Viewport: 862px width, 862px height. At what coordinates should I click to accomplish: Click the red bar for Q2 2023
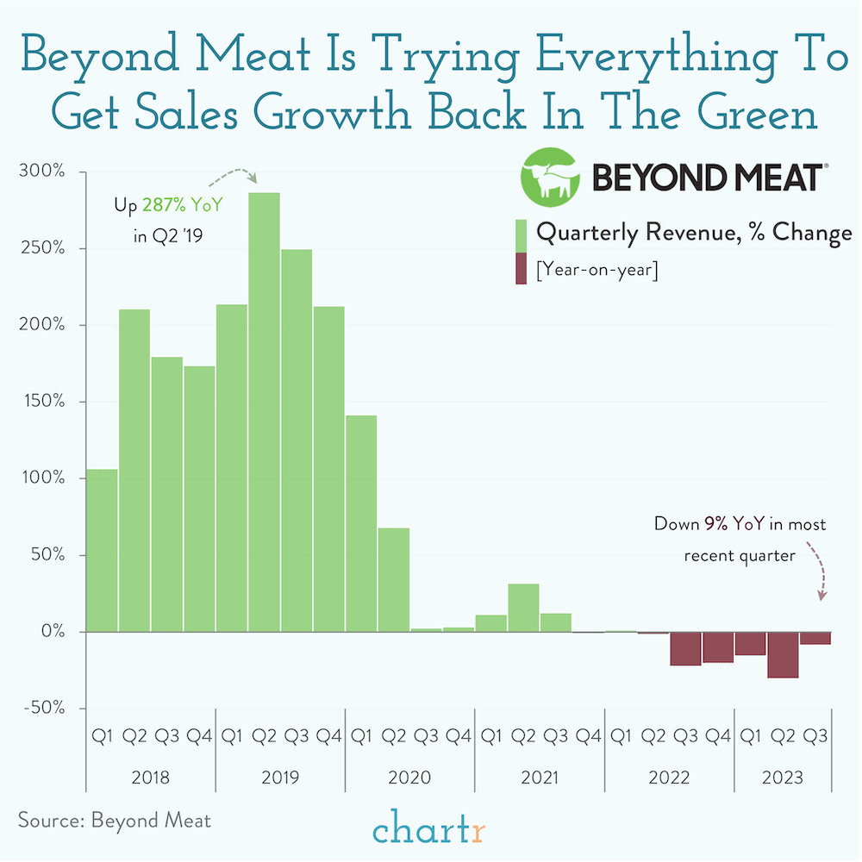coord(783,654)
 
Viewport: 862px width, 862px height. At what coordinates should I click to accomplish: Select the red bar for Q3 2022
coord(685,648)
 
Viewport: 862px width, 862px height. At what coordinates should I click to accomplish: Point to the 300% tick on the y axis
coord(41,172)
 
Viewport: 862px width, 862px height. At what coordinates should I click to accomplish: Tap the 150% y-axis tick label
coord(41,402)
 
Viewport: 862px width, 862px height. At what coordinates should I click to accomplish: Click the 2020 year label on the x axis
coord(409,778)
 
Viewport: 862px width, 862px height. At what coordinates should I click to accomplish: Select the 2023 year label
coord(782,778)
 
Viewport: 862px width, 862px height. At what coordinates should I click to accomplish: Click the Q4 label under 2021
coord(588,737)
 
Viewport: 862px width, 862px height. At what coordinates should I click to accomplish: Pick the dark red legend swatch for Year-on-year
coord(521,269)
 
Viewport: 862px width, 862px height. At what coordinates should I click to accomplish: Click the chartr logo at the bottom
coord(430,833)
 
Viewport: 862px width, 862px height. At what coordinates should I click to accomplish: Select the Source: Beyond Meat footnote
coord(114,819)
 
